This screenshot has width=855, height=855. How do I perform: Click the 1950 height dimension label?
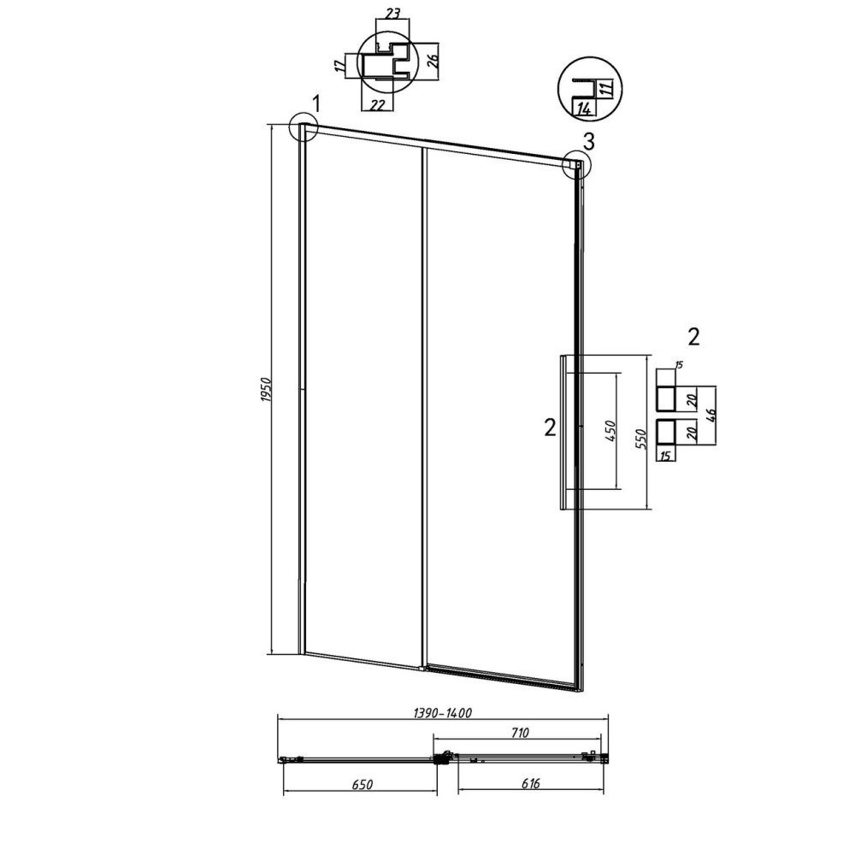[x=266, y=389]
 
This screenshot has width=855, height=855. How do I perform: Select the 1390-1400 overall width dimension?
[x=442, y=713]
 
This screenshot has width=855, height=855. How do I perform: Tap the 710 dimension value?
[x=520, y=733]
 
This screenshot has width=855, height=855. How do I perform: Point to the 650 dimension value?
[x=363, y=784]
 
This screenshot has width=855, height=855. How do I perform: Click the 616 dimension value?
[x=530, y=783]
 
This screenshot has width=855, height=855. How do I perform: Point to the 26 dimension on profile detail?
[x=433, y=60]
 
